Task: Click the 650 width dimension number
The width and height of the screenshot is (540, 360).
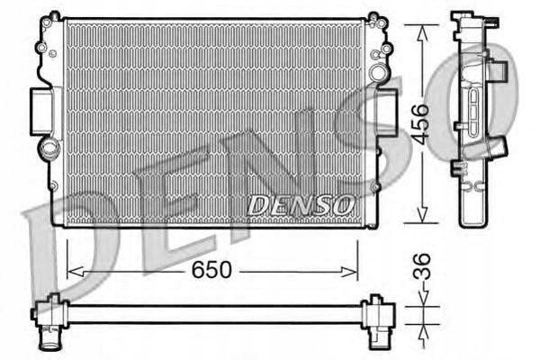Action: pos(212,269)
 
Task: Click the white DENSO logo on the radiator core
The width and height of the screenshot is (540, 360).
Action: pos(300,205)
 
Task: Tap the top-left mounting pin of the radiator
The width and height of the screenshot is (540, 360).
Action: pos(54,17)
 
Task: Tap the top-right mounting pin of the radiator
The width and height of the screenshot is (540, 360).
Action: pos(373,17)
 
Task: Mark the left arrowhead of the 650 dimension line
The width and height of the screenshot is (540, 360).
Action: pos(73,269)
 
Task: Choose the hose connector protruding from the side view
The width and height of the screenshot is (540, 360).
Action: pos(496,68)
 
